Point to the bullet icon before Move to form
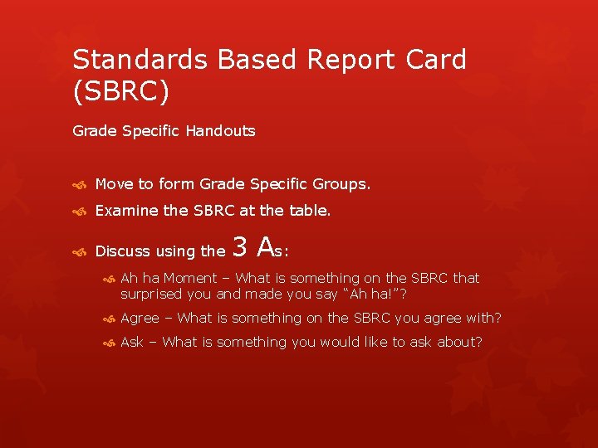[78, 184]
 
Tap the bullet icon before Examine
[78, 212]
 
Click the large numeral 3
[240, 246]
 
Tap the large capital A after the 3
[266, 246]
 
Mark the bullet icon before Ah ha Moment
[110, 279]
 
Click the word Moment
[189, 278]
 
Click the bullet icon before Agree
[110, 319]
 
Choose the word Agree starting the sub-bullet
[140, 319]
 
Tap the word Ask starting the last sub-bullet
[132, 342]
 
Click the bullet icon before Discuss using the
[78, 251]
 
